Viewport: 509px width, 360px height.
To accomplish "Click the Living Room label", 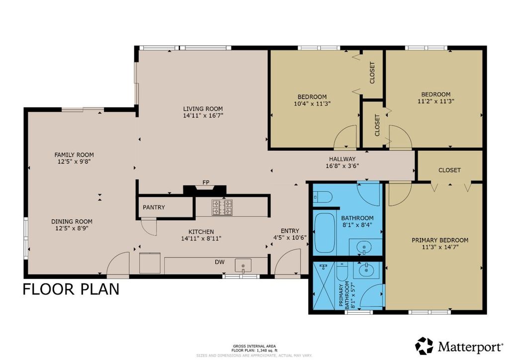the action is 203,109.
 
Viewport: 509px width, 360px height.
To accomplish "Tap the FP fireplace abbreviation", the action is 206,182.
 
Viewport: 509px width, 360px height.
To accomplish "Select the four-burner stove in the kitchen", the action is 222,207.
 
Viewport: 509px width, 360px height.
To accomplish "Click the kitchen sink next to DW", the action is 243,265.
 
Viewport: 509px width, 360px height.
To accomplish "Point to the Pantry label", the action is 154,207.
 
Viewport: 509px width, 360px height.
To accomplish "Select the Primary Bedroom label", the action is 440,240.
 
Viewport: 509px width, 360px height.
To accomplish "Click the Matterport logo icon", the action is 424,346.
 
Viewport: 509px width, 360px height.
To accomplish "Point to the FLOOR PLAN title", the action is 71,289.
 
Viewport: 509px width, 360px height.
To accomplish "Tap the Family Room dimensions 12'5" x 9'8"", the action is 74,161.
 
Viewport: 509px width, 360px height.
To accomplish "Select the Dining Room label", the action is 72,221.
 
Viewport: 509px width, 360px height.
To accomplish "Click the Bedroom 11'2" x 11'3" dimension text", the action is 435,101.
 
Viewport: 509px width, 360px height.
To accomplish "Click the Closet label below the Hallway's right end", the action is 449,170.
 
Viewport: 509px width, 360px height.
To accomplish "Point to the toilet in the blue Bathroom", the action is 323,196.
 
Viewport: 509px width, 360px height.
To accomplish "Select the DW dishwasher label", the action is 220,262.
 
